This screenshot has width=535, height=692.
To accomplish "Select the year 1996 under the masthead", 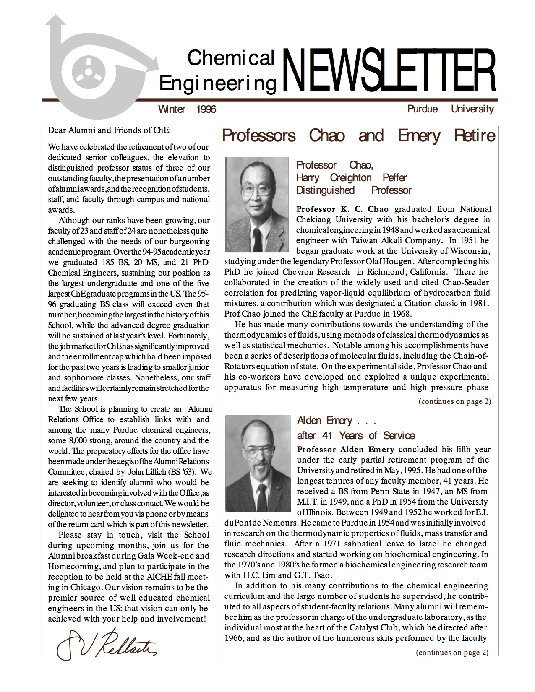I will point(206,109).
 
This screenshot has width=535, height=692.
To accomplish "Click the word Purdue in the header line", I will point(423,109).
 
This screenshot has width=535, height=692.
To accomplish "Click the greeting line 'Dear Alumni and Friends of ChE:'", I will point(110,130).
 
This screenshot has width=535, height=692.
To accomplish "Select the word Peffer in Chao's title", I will point(394,177).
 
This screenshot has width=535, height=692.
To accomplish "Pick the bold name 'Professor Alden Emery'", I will point(346,450).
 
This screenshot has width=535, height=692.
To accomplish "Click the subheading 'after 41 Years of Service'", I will point(356,435).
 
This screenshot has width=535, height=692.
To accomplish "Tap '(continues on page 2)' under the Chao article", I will point(454,401).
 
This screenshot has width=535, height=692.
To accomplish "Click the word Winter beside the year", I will point(172,109).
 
